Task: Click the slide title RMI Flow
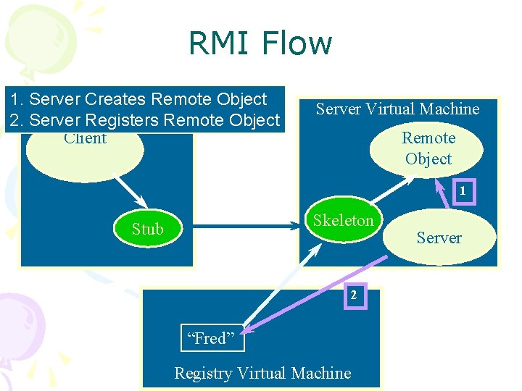point(260,43)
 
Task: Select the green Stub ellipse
point(148,229)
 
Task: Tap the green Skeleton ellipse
point(343,221)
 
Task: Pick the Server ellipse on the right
point(439,237)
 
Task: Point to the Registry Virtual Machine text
point(262,373)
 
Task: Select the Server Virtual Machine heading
point(397,109)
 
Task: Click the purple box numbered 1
point(461,192)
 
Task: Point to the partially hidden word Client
point(85,138)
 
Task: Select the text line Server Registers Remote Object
point(144,119)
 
